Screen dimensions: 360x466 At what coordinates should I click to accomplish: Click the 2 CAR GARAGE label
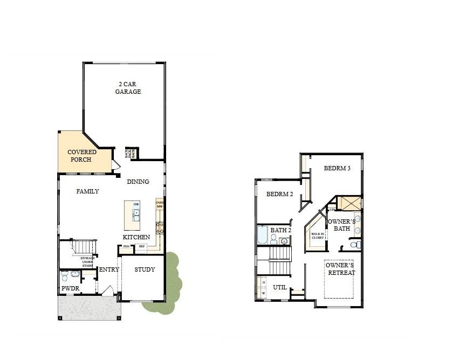128,88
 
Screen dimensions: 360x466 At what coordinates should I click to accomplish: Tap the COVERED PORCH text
82,156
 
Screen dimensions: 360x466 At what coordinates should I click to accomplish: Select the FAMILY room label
87,191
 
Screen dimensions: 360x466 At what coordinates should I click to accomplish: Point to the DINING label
138,182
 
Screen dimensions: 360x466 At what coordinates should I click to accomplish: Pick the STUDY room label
145,270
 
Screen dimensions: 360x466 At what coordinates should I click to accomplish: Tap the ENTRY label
109,270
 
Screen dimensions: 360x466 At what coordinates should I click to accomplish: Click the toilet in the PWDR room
65,276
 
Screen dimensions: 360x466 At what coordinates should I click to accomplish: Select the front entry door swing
108,290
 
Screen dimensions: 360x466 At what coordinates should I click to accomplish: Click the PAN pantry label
126,246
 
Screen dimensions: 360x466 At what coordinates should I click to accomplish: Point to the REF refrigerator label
141,246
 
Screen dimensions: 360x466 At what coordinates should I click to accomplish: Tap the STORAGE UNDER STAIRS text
88,262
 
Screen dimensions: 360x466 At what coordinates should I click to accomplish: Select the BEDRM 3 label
337,168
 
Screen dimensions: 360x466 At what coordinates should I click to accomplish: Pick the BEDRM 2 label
279,194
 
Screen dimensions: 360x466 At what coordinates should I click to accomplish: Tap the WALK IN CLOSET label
318,236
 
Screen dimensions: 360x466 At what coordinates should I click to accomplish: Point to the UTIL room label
279,287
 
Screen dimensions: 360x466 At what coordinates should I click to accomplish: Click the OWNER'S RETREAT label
341,269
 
